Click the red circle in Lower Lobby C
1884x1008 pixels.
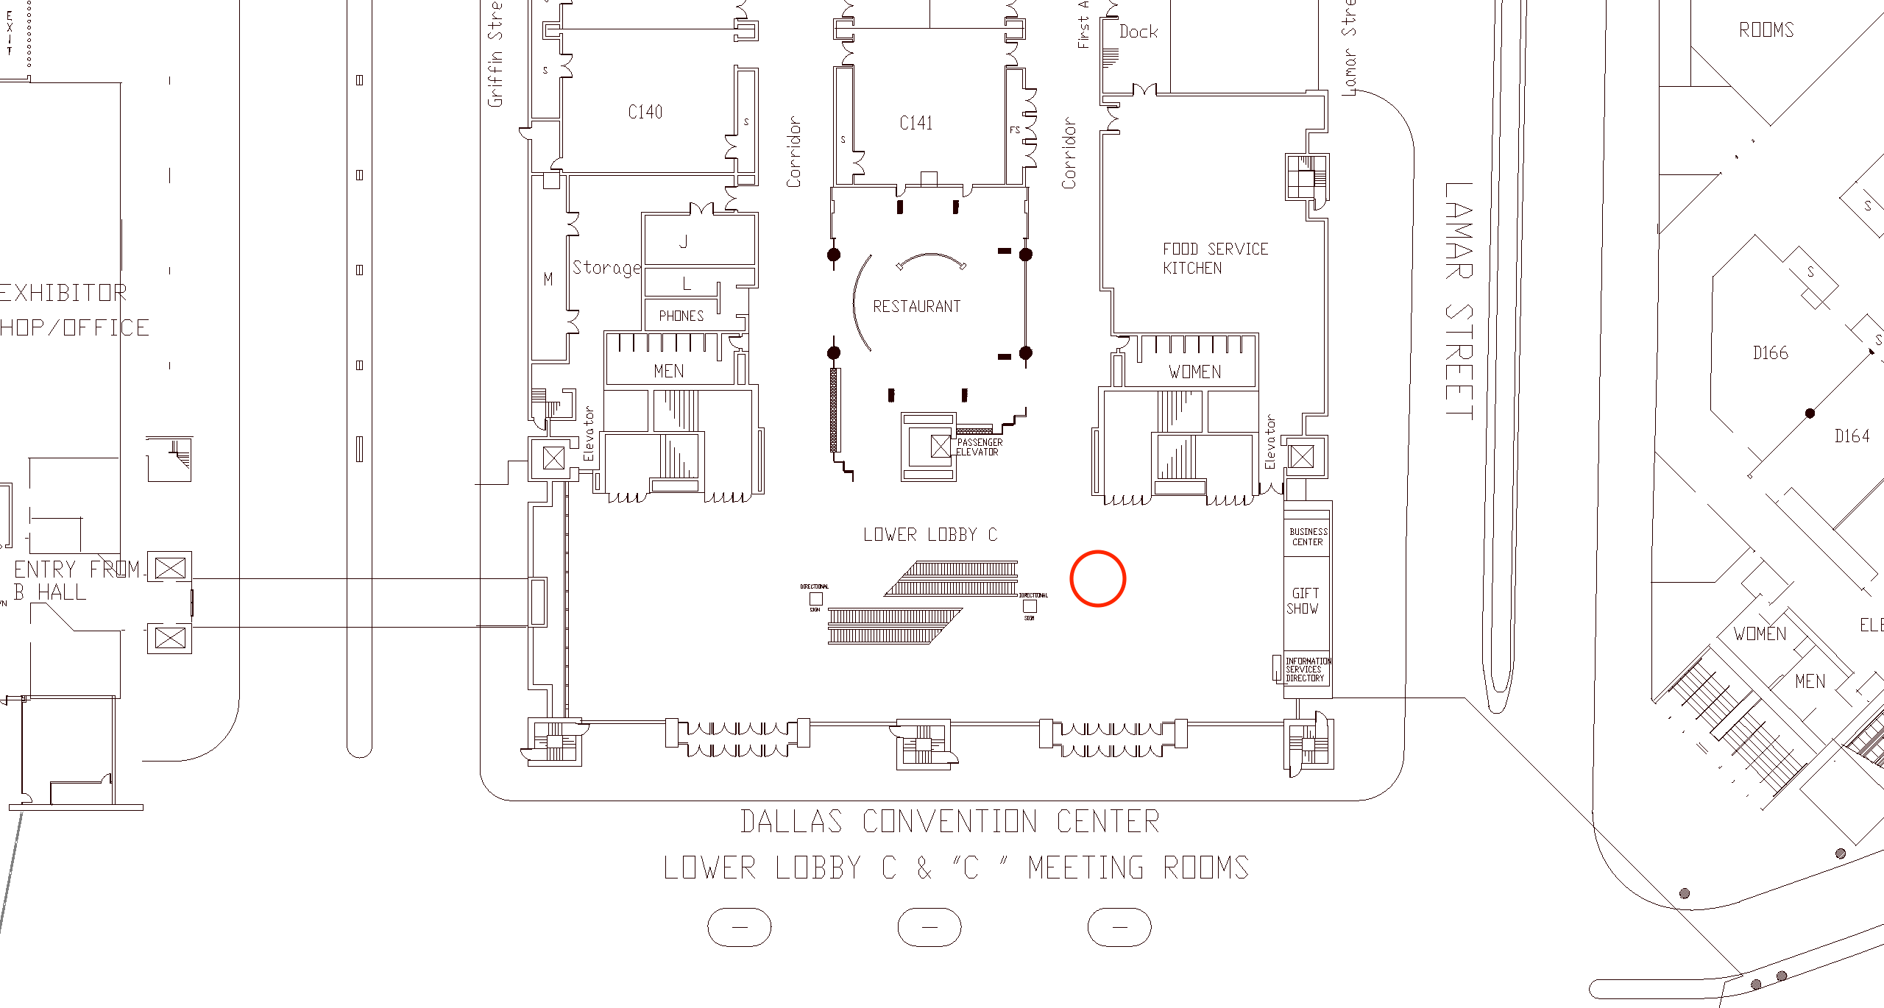[1097, 578]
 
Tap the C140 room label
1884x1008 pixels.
[645, 112]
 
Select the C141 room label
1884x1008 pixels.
[916, 123]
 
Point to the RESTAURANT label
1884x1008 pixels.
[916, 306]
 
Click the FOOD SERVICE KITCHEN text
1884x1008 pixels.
[1214, 258]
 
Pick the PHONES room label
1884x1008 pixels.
[681, 316]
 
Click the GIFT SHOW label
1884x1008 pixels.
[1303, 600]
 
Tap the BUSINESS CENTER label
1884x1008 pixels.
[1308, 536]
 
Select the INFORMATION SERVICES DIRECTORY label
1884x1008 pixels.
[1307, 670]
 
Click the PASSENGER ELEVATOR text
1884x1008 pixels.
[979, 447]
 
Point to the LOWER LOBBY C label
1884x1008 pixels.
[929, 534]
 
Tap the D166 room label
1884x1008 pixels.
[1770, 353]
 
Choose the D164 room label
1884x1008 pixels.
[1852, 436]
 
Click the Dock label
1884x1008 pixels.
[1138, 32]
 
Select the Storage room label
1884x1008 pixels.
[606, 268]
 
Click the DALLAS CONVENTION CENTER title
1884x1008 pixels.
[949, 822]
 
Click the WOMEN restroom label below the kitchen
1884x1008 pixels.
[1194, 372]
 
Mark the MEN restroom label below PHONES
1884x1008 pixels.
[668, 371]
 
